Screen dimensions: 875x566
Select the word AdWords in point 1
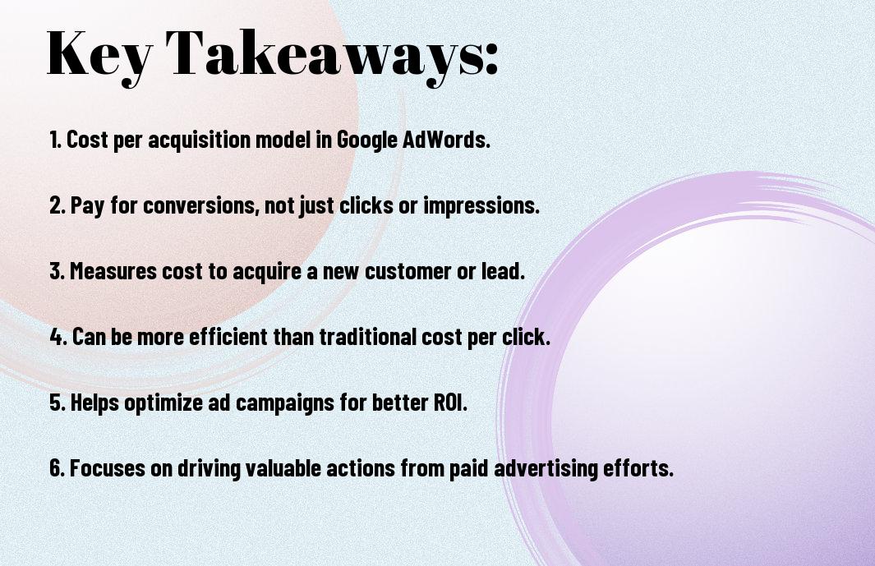click(x=446, y=140)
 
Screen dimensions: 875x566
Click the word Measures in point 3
click(x=113, y=271)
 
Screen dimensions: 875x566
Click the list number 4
click(x=58, y=337)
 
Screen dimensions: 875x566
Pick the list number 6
click(x=58, y=467)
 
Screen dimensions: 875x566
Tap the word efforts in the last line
click(x=638, y=467)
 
